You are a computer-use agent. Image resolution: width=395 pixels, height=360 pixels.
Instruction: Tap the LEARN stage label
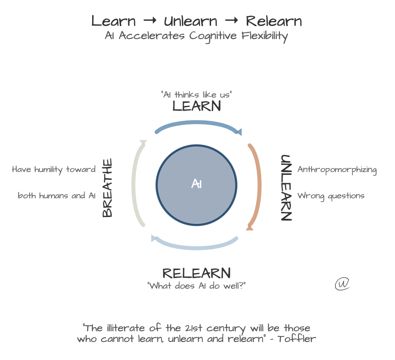pyautogui.click(x=196, y=106)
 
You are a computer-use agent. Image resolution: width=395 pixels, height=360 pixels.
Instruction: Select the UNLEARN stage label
pyautogui.click(x=286, y=187)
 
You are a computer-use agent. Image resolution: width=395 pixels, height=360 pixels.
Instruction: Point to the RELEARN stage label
pyautogui.click(x=196, y=273)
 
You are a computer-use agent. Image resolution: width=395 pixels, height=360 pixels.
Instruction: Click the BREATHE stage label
pyautogui.click(x=107, y=188)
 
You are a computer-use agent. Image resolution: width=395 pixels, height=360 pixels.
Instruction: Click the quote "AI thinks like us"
pyautogui.click(x=196, y=94)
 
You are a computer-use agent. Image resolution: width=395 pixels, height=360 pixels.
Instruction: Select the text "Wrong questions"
pyautogui.click(x=331, y=196)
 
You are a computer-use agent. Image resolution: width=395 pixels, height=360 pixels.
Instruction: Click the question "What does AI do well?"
pyautogui.click(x=196, y=286)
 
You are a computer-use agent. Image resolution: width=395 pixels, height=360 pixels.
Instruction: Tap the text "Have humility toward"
pyautogui.click(x=54, y=169)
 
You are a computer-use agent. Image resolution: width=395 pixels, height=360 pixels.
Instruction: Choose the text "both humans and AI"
pyautogui.click(x=56, y=196)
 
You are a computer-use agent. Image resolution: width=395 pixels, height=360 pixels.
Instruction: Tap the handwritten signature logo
pyautogui.click(x=342, y=283)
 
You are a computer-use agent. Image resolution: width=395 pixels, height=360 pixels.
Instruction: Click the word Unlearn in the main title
pyautogui.click(x=191, y=21)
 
